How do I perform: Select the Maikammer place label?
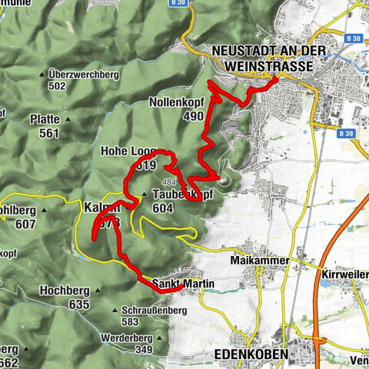(259, 261)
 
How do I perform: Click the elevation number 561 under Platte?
(50, 133)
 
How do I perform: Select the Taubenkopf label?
(181, 194)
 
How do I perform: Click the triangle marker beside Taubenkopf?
(144, 194)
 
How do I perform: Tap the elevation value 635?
(79, 304)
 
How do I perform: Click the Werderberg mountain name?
(128, 337)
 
